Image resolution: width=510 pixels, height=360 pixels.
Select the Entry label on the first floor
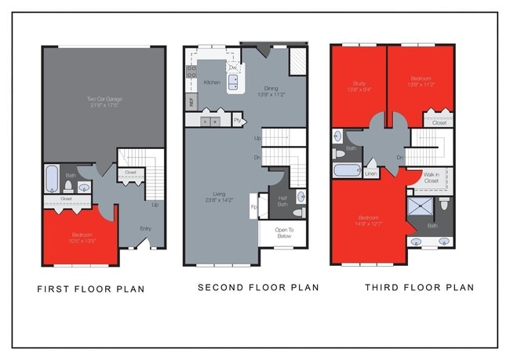(146, 229)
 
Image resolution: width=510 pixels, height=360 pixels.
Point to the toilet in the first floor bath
(69, 186)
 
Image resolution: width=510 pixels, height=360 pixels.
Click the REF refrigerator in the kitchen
(191, 101)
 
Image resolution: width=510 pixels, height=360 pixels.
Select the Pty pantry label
(237, 121)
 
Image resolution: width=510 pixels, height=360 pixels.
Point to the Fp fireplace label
(253, 207)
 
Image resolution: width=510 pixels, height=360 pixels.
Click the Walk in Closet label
(432, 178)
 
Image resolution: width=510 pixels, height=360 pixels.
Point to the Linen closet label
(371, 173)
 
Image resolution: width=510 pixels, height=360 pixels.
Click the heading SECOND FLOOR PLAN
(257, 288)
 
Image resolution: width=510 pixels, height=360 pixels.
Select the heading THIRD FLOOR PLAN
(419, 288)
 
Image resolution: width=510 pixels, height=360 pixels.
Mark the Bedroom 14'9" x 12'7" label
(369, 220)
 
